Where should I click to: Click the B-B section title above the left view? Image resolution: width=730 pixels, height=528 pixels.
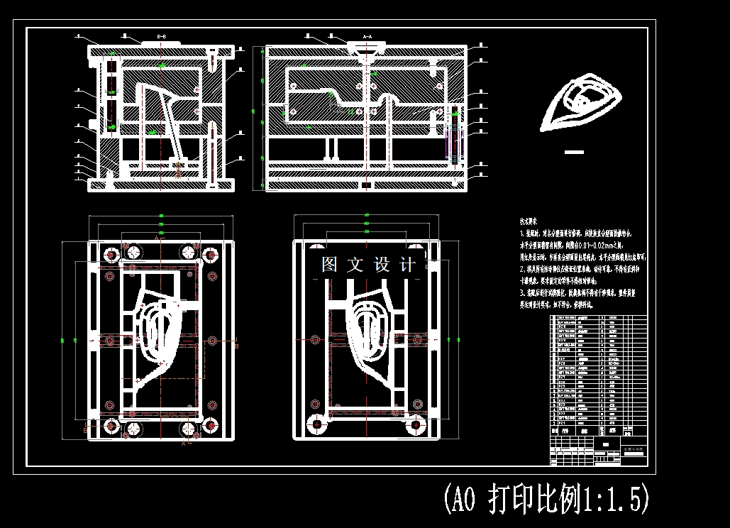[161, 36]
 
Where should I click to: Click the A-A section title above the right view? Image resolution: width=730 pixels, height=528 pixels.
[367, 35]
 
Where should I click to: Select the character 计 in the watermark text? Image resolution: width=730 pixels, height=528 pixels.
[408, 265]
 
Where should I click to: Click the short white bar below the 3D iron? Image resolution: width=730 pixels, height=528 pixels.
[574, 152]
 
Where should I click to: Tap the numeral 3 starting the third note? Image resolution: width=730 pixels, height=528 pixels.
[521, 292]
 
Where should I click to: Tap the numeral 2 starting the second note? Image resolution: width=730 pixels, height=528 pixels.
[521, 269]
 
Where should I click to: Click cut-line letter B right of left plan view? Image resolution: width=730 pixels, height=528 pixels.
[236, 346]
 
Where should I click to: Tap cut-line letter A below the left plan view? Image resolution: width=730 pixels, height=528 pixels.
[183, 444]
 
